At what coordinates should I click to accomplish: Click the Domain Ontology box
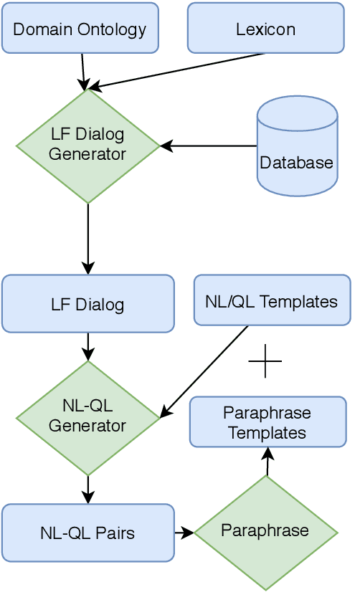pyautogui.click(x=80, y=29)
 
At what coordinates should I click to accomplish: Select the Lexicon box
pyautogui.click(x=265, y=29)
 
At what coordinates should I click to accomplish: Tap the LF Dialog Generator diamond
pyautogui.click(x=87, y=146)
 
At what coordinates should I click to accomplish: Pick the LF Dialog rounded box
pyautogui.click(x=87, y=304)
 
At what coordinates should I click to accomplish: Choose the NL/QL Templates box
pyautogui.click(x=272, y=300)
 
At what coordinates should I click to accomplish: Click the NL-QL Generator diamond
pyautogui.click(x=87, y=417)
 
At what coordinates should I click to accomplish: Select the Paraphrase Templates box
pyautogui.click(x=267, y=422)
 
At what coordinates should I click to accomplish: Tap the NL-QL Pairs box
pyautogui.click(x=87, y=533)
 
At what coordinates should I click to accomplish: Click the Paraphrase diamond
pyautogui.click(x=265, y=532)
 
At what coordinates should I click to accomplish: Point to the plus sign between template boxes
pyautogui.click(x=265, y=361)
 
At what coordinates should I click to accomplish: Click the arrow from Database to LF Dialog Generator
pyautogui.click(x=208, y=146)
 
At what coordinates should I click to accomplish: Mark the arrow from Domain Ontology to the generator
pyautogui.click(x=83, y=70)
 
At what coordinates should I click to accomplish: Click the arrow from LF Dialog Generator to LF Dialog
pyautogui.click(x=87, y=239)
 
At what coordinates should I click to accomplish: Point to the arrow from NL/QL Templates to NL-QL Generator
pyautogui.click(x=204, y=371)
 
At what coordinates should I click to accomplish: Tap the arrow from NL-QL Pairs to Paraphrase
pyautogui.click(x=184, y=533)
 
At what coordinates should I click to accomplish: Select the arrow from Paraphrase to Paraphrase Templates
pyautogui.click(x=267, y=462)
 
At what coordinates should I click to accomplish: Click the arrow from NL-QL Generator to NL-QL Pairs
pyautogui.click(x=87, y=489)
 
